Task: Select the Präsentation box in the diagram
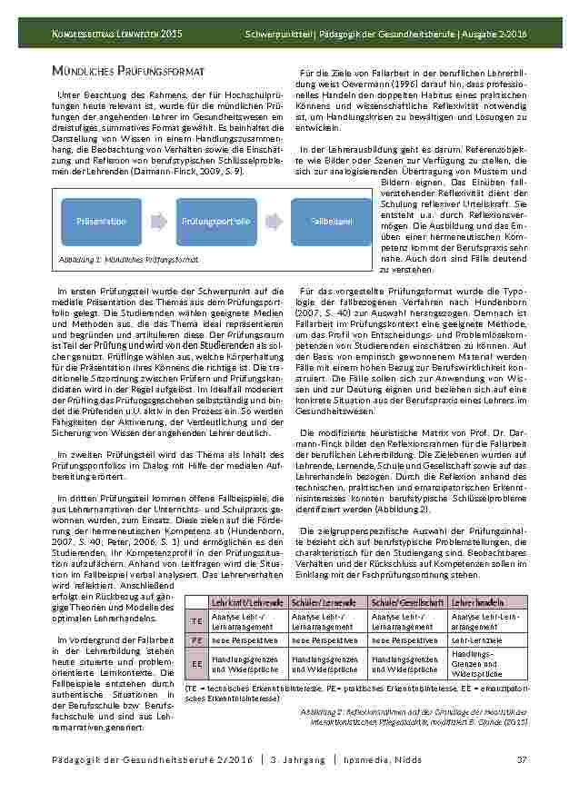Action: click(101, 221)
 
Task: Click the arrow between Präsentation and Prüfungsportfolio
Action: click(158, 221)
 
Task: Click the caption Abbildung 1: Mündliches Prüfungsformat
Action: click(127, 259)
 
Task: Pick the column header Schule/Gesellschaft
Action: click(407, 602)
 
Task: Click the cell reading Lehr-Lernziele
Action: click(476, 640)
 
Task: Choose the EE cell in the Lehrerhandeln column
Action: click(477, 664)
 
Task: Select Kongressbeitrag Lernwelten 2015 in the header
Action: click(115, 34)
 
